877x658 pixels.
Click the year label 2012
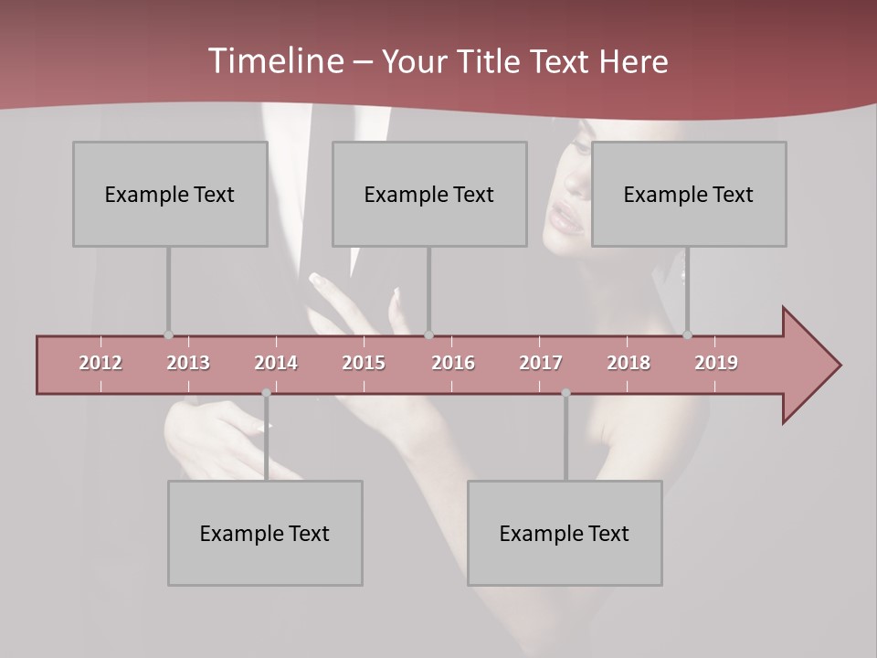100,363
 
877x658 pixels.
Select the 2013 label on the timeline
188,363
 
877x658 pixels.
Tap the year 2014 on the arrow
276,363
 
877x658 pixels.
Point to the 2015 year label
364,363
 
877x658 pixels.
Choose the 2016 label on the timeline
453,363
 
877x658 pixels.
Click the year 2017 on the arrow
541,363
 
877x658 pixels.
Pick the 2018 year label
629,363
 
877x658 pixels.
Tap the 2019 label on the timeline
716,363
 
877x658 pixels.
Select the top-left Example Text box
170,194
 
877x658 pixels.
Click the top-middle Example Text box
429,194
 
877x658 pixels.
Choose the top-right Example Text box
689,194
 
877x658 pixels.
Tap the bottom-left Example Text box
265,533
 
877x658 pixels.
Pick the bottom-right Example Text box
565,533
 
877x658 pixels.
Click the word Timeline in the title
274,61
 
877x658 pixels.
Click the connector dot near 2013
168,334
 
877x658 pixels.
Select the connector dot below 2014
266,393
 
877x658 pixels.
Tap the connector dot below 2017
565,393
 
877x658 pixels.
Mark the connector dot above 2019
687,334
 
